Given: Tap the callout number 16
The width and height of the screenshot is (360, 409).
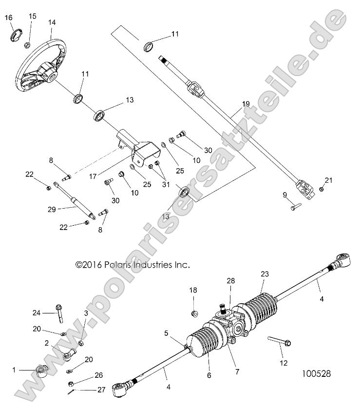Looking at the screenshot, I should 8,18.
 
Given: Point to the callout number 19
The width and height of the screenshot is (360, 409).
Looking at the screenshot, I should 245,104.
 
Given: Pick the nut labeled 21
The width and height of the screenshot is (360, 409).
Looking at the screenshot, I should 322,189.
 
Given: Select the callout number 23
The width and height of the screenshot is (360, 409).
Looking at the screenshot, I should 264,274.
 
